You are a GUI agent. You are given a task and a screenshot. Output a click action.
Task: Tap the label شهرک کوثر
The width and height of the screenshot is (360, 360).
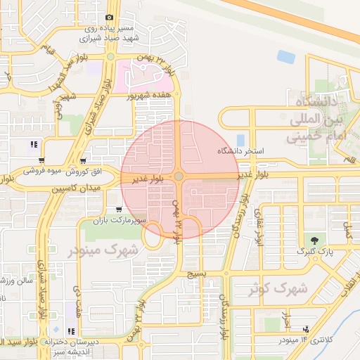pos(279,288)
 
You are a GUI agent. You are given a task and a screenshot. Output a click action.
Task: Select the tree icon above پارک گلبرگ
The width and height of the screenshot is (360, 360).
pos(314,240)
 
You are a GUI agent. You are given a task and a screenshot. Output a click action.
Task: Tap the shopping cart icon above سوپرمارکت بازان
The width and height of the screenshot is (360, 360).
pos(118,210)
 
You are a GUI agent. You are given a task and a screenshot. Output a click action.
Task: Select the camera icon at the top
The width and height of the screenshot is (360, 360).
pos(109,18)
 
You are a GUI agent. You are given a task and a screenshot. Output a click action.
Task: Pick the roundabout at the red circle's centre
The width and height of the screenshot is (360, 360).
pos(179,176)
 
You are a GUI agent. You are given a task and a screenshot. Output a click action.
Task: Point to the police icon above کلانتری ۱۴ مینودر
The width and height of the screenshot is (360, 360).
pos(306,328)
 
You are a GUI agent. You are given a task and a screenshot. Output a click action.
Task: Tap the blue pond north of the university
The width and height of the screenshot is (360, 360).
pos(285,56)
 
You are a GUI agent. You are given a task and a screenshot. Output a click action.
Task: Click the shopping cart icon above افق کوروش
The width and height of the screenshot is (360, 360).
pos(84,161)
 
